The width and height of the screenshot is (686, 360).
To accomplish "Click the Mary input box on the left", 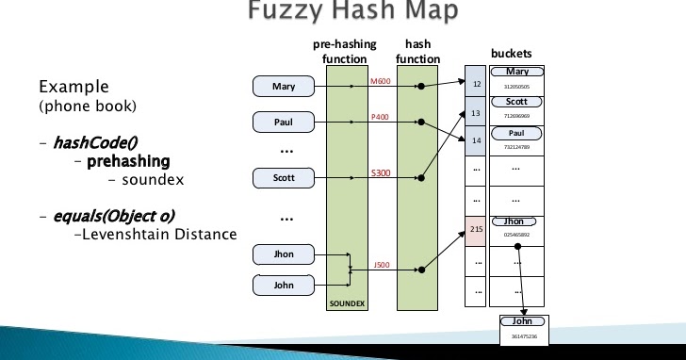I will [x=284, y=87].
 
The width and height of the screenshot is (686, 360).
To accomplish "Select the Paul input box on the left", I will [x=284, y=123].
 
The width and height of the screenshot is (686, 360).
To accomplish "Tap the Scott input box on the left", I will [x=284, y=177].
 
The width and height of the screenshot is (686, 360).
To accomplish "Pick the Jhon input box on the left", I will [x=284, y=254].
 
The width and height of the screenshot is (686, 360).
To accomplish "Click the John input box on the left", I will [x=284, y=285].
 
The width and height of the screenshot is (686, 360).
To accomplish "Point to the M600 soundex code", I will [x=380, y=81].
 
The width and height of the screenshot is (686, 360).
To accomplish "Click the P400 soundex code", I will [x=380, y=117].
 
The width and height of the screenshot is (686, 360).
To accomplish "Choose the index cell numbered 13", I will [x=476, y=113].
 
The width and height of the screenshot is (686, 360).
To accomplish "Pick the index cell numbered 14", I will [x=476, y=140].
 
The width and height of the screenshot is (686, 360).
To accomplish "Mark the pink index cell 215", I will [x=476, y=229].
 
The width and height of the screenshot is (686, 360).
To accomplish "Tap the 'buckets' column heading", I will [x=511, y=54].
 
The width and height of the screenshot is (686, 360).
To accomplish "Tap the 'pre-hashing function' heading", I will [x=344, y=51].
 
